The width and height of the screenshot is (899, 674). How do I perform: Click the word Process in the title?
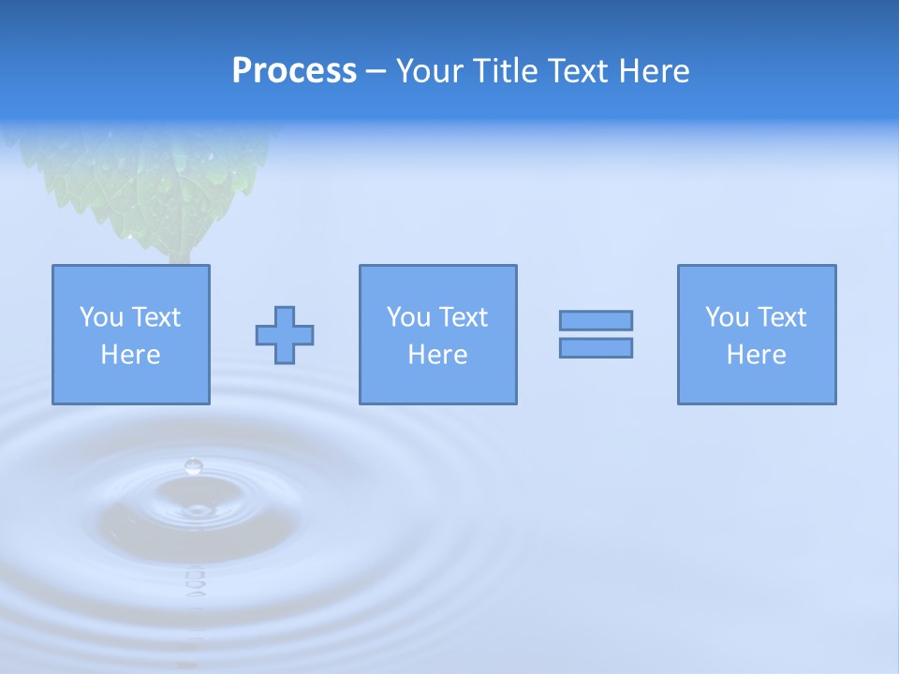click(294, 71)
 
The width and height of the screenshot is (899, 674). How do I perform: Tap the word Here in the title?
click(652, 71)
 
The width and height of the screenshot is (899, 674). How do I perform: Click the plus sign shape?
click(285, 335)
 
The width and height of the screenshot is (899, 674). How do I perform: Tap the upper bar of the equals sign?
click(596, 320)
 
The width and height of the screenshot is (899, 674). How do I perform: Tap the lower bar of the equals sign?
click(596, 347)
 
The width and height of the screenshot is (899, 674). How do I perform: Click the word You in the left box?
click(101, 317)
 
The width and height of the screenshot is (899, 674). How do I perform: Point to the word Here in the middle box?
click(437, 355)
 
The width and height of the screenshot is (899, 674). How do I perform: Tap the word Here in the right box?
click(757, 355)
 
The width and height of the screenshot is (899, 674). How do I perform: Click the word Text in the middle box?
click(462, 317)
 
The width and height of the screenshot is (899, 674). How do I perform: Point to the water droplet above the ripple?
click(194, 465)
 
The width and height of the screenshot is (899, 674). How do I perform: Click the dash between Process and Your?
click(376, 71)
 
